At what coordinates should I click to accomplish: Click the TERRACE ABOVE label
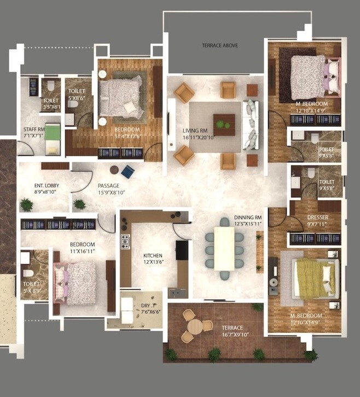[x=219, y=45]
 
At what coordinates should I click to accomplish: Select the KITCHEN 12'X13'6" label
[x=153, y=259]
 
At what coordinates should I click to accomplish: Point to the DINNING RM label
[x=248, y=220]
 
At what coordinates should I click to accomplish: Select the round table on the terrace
[x=196, y=326]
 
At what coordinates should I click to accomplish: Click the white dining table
[x=224, y=248]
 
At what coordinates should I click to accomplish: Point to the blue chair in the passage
[x=127, y=172]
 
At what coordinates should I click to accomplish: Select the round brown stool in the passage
[x=114, y=170]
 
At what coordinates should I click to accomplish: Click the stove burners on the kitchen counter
[x=125, y=241]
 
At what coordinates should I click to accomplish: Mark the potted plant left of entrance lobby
[x=26, y=205]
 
